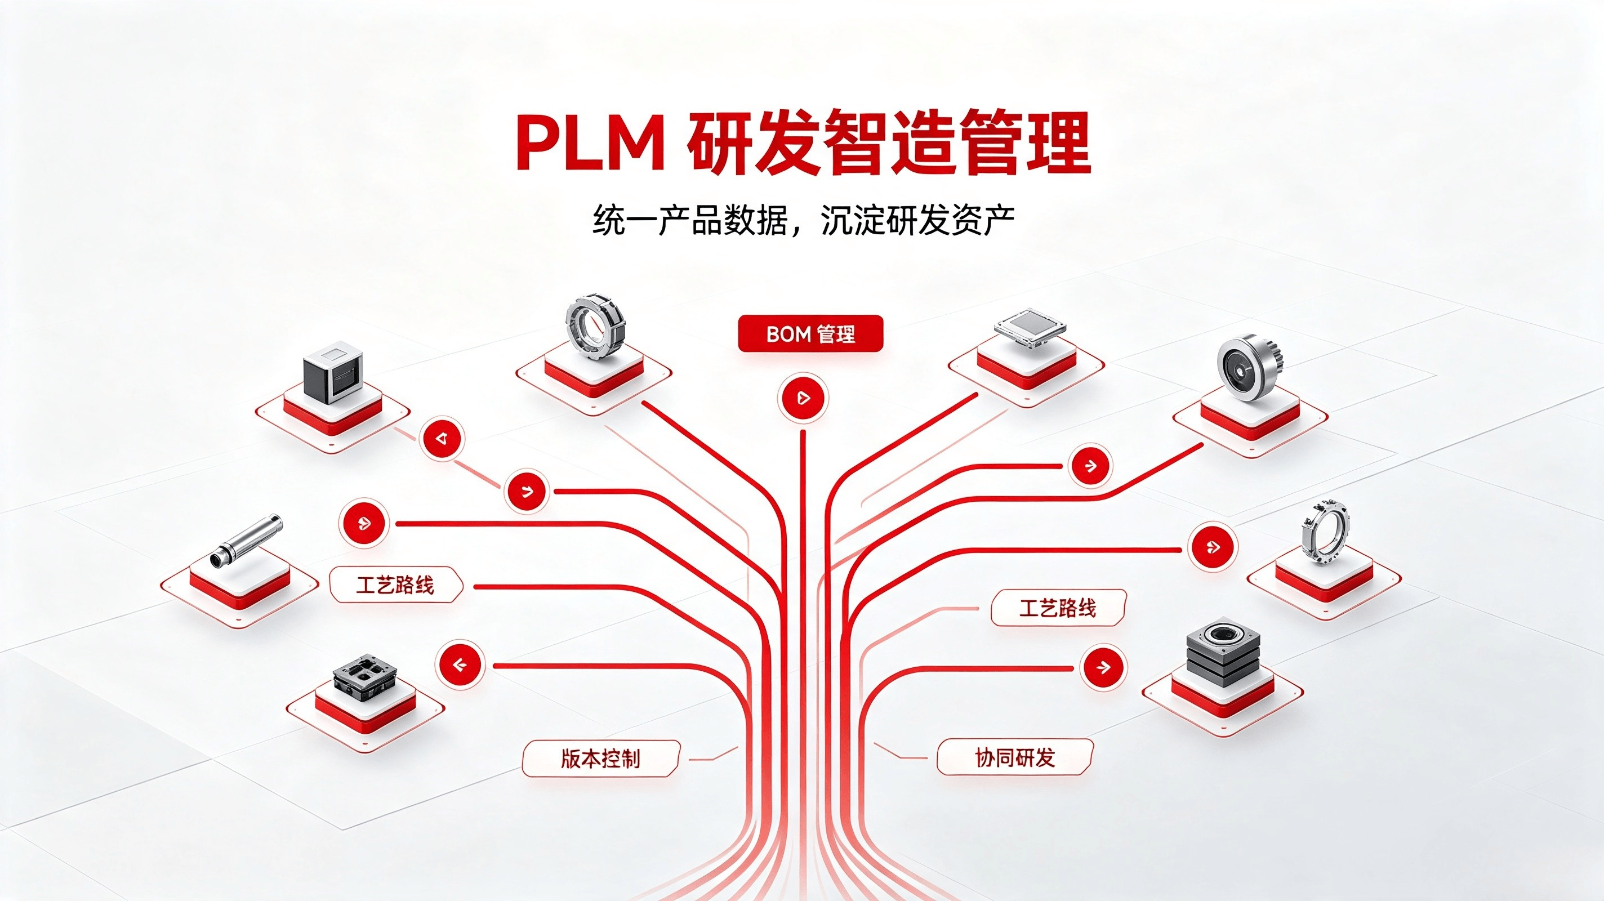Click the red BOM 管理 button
coord(810,334)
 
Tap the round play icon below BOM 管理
coord(803,397)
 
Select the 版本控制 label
coord(600,759)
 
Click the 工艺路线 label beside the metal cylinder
coord(395,585)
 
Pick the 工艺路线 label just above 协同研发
coord(1058,608)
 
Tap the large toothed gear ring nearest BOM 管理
coord(595,331)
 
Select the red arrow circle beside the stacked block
coord(1103,667)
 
